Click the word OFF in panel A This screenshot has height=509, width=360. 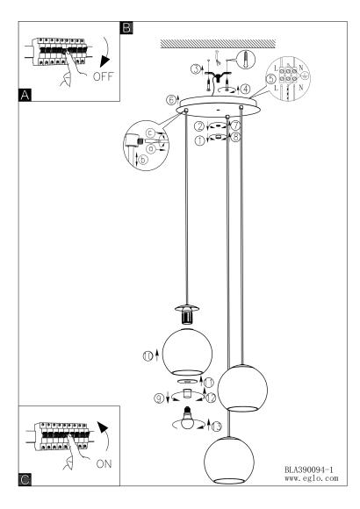(103, 76)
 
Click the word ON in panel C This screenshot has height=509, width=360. (104, 464)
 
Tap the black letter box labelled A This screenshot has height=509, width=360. (25, 95)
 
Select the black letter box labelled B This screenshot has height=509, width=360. (126, 27)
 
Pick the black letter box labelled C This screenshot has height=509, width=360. (25, 479)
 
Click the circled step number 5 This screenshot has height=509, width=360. (271, 79)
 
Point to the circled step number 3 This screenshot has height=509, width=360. (195, 68)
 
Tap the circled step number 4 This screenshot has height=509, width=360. (246, 89)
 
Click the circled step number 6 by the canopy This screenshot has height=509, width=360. (171, 100)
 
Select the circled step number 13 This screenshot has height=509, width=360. (216, 427)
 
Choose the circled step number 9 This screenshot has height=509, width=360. (159, 398)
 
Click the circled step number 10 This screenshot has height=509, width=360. (148, 356)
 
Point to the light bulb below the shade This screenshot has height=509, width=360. (188, 419)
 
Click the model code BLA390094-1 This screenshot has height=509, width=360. (309, 470)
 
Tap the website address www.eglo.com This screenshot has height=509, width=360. (311, 478)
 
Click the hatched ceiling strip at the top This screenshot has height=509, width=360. (218, 44)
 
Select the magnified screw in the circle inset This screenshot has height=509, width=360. (245, 60)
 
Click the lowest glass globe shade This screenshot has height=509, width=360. (229, 461)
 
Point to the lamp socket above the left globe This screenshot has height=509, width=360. (187, 314)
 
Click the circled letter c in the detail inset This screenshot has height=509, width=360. (149, 133)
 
